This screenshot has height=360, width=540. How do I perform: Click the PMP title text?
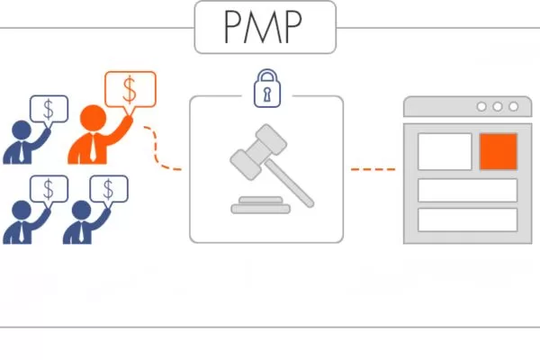265,28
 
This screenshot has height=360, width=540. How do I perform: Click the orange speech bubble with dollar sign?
130,89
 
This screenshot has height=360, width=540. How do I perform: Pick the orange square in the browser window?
498,151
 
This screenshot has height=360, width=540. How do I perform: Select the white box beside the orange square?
445,151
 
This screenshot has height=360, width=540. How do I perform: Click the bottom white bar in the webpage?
467,220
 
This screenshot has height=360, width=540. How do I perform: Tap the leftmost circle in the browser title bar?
481,106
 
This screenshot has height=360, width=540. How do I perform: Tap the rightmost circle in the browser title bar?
512,106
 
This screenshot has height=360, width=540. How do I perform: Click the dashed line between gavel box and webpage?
373,168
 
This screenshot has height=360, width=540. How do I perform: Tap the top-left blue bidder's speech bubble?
49,109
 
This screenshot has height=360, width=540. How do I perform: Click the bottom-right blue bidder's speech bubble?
109,188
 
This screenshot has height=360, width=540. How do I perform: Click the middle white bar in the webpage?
467,190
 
